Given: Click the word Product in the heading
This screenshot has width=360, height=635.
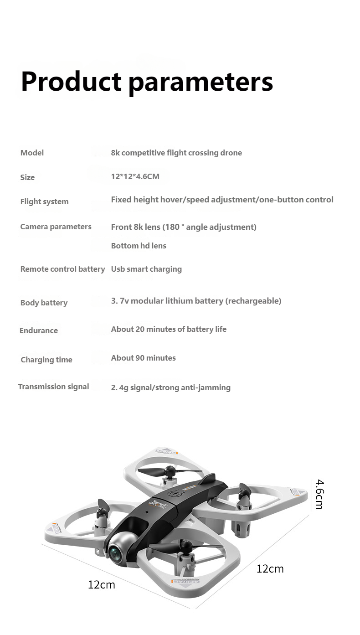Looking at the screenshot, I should coord(71,82).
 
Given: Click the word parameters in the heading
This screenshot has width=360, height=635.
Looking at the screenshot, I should coord(201,83).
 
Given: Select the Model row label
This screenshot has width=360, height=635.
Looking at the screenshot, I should coord(32,153).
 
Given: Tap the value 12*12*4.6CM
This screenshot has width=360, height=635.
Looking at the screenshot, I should coord(135,176).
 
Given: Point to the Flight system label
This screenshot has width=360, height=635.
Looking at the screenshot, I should coord(44,201).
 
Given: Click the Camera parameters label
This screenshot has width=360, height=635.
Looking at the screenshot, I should coord(56,227).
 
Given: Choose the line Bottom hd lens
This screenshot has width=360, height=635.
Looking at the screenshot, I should coord(139,246).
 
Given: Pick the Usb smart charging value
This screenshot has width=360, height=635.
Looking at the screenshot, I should coord(146,269).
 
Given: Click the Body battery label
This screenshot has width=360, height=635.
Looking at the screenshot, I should coord(44,303).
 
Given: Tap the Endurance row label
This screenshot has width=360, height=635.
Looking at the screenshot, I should coord(39,330).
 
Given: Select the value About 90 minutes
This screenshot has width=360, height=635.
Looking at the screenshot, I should coord(143,358).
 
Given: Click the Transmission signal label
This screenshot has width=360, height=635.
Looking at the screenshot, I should coord(53,387).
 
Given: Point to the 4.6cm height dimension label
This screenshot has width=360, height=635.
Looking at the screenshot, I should coord(319,494).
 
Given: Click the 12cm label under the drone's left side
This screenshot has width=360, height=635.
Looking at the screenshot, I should coord(102,584).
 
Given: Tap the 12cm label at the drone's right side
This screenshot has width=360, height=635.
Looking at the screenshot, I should coord(270,568).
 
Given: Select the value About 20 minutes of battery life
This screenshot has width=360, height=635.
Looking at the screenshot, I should coord(169,329).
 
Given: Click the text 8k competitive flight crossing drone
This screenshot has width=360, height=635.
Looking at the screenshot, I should coord(176,153).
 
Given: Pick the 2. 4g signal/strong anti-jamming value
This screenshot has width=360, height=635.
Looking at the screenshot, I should coord(171,387).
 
